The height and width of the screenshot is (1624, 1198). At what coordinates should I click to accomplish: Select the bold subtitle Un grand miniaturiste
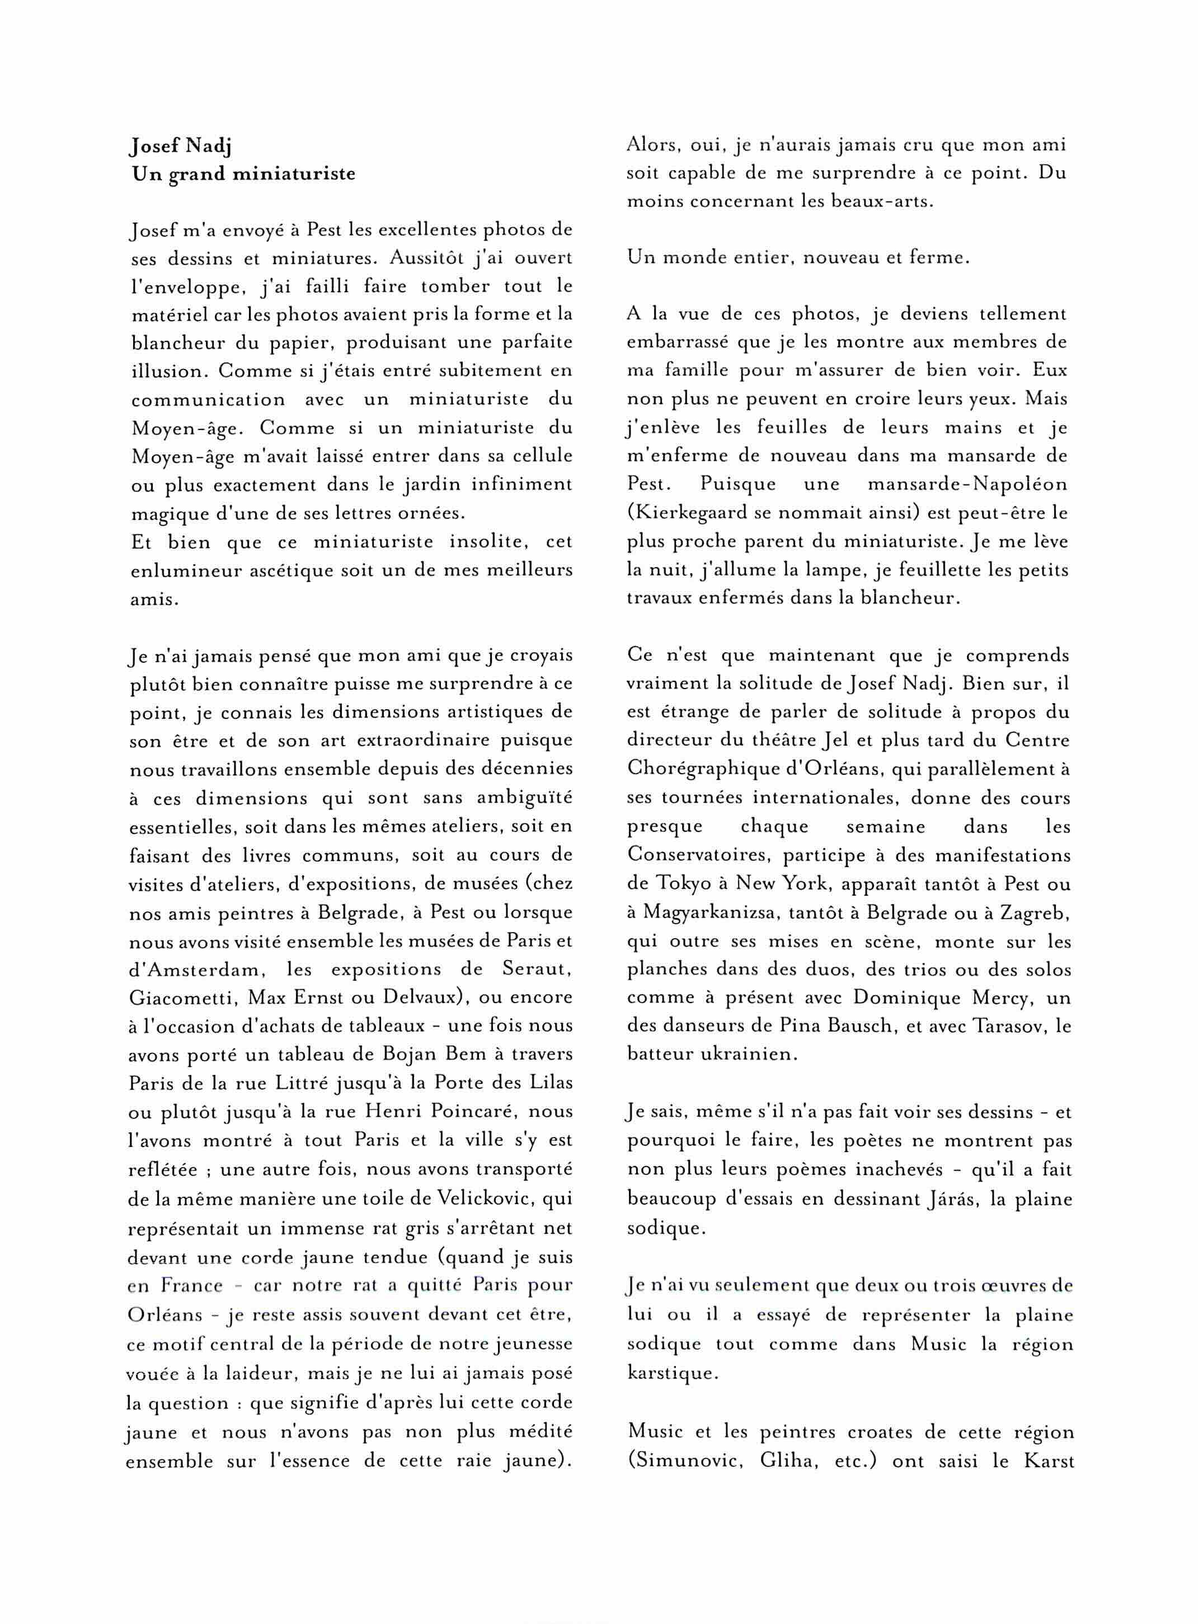243,174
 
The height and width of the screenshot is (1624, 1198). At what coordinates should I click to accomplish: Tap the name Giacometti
181,998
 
